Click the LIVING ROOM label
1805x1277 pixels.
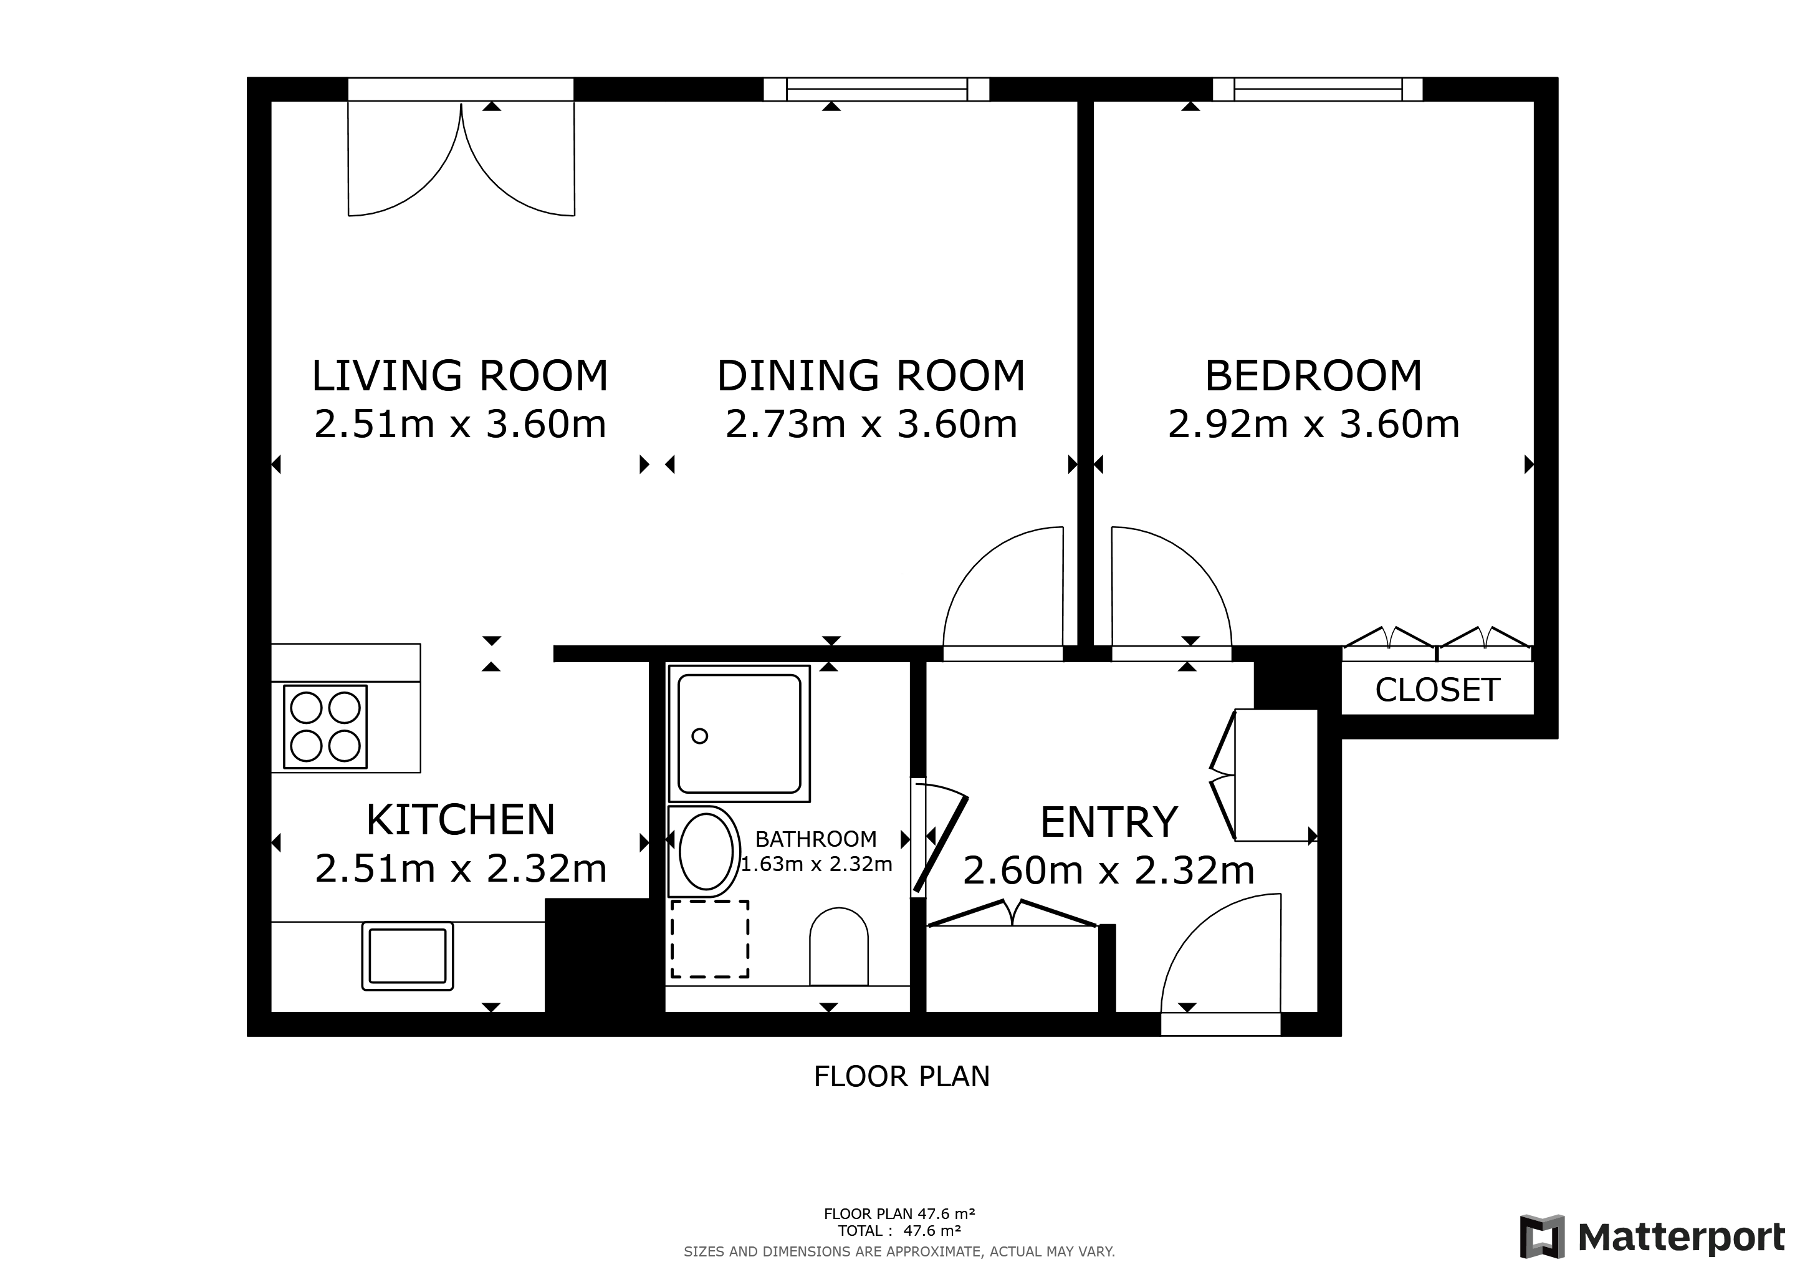pyautogui.click(x=460, y=375)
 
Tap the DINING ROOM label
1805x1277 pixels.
pyautogui.click(x=871, y=375)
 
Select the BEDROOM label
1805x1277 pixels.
pyautogui.click(x=1314, y=375)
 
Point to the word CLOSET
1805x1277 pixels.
pyautogui.click(x=1437, y=690)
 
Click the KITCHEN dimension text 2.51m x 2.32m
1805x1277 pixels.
pyautogui.click(x=461, y=869)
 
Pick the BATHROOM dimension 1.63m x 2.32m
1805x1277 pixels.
pyautogui.click(x=817, y=864)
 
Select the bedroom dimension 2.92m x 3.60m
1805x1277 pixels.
pyautogui.click(x=1314, y=424)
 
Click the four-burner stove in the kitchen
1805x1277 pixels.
pyautogui.click(x=325, y=726)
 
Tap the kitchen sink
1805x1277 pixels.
pyautogui.click(x=407, y=955)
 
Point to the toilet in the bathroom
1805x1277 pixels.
pyautogui.click(x=839, y=946)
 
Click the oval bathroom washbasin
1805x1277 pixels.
pyautogui.click(x=706, y=851)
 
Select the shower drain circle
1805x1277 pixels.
pyautogui.click(x=700, y=736)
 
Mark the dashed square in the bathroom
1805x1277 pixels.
pyautogui.click(x=709, y=939)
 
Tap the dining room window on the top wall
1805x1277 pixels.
pyautogui.click(x=876, y=90)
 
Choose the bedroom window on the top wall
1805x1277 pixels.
pyautogui.click(x=1318, y=90)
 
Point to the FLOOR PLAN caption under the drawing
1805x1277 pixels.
pyautogui.click(x=902, y=1076)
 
